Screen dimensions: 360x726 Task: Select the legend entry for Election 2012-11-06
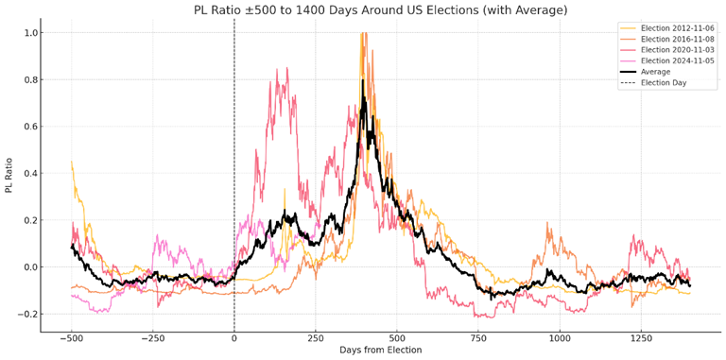(677, 27)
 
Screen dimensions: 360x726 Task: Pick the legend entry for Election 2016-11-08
(677, 39)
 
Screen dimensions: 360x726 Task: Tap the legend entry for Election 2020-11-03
(677, 49)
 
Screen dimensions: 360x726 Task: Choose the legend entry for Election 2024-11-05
(677, 60)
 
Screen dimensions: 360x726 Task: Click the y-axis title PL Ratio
(9, 175)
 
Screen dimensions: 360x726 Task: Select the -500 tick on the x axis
(71, 337)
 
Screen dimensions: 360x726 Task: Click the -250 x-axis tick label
(152, 337)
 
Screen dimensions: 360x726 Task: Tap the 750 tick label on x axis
(479, 337)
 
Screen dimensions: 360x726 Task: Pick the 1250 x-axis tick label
(642, 337)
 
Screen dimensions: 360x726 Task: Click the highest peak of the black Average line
(362, 80)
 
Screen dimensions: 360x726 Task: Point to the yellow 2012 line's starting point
(72, 163)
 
